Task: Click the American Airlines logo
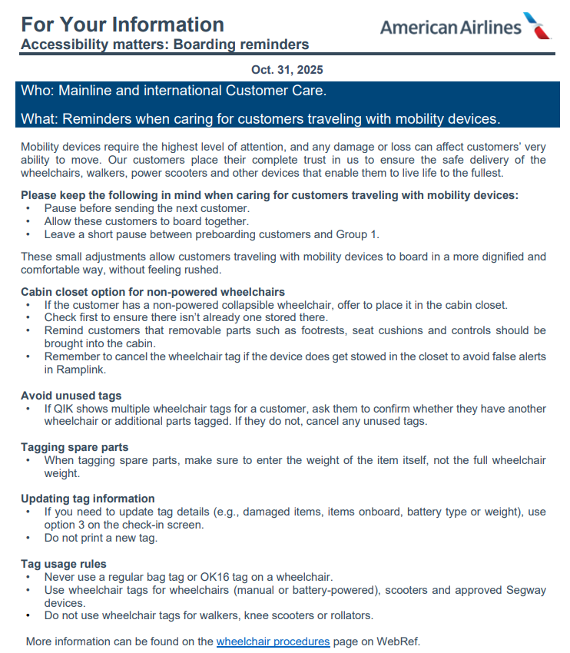pos(466,27)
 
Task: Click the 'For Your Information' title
pos(122,24)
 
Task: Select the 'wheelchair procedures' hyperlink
pos(273,641)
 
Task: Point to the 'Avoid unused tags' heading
pos(71,396)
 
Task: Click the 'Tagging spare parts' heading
pos(75,447)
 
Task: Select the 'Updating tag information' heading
pos(88,499)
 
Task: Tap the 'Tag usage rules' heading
pos(64,564)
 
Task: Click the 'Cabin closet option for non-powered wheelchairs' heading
pos(153,292)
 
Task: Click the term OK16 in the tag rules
pos(210,577)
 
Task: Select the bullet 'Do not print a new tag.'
pos(101,538)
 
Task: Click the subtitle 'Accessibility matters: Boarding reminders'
pos(164,45)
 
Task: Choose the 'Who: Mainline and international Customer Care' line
pos(174,91)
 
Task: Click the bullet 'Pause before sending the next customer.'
pos(147,208)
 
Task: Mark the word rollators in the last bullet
pos(350,615)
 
